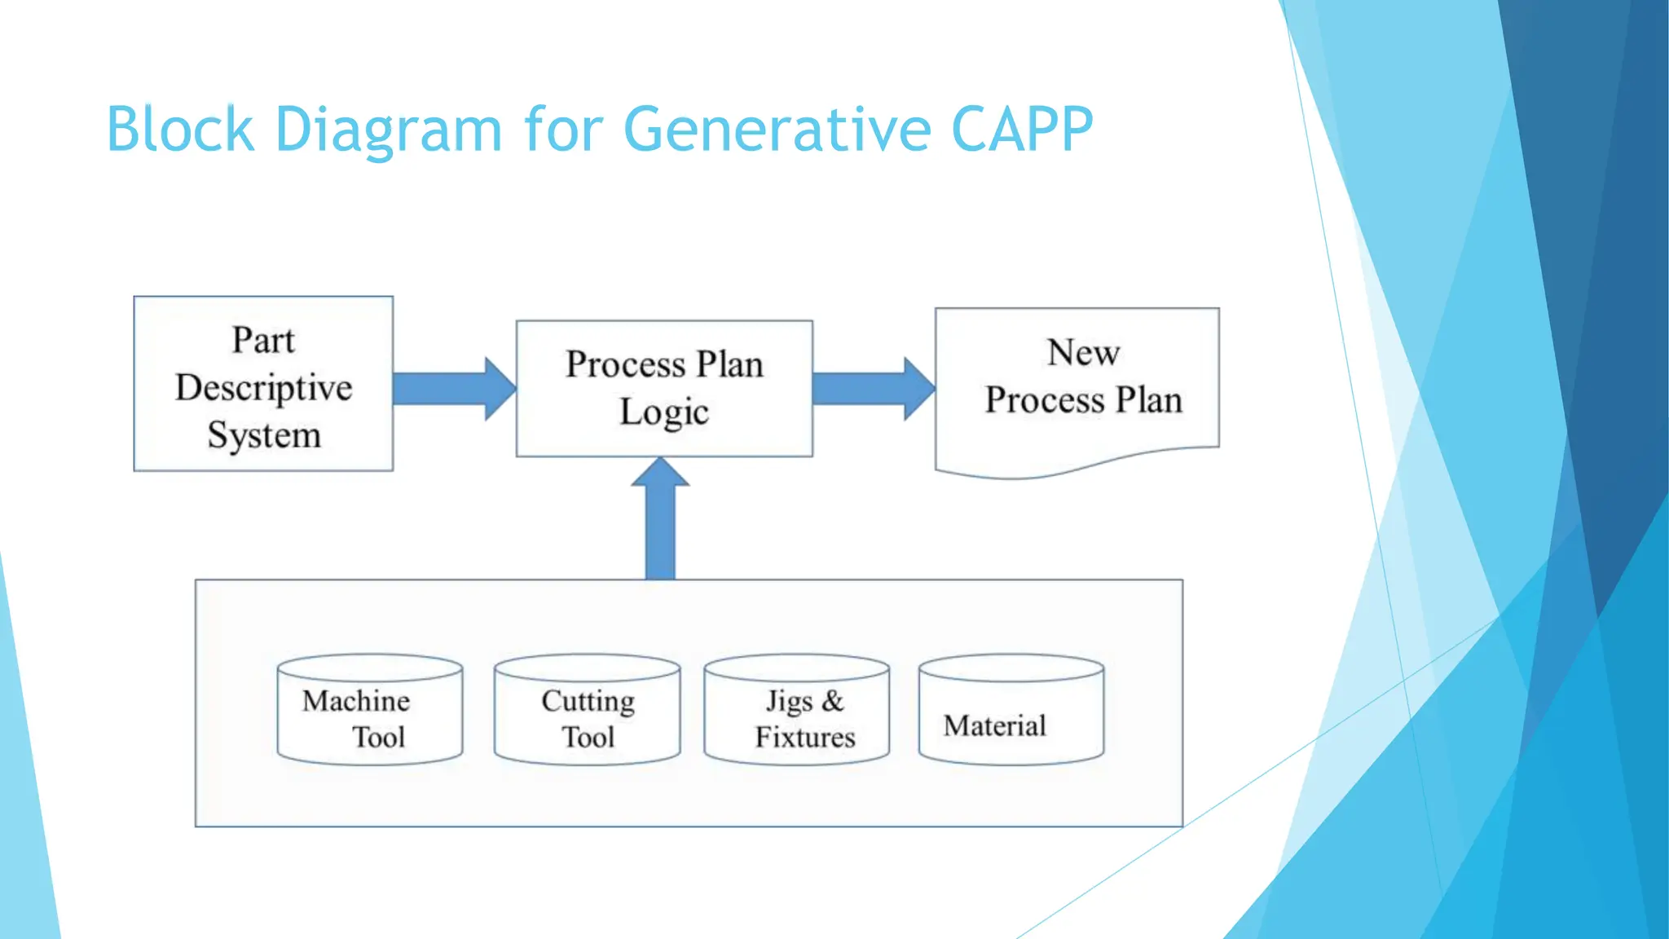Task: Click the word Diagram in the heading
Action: point(389,130)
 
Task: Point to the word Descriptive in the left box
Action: point(263,388)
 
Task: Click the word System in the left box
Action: point(263,435)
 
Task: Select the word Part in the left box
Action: point(262,340)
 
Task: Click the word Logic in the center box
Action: point(663,412)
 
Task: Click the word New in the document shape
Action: point(1083,353)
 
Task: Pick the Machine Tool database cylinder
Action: point(370,710)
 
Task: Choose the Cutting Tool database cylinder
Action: point(587,710)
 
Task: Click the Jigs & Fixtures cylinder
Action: point(796,710)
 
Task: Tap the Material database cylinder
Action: point(1011,710)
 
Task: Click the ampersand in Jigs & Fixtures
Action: point(832,701)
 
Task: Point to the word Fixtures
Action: point(804,737)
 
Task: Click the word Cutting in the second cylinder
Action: point(588,701)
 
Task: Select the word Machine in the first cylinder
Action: point(356,701)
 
